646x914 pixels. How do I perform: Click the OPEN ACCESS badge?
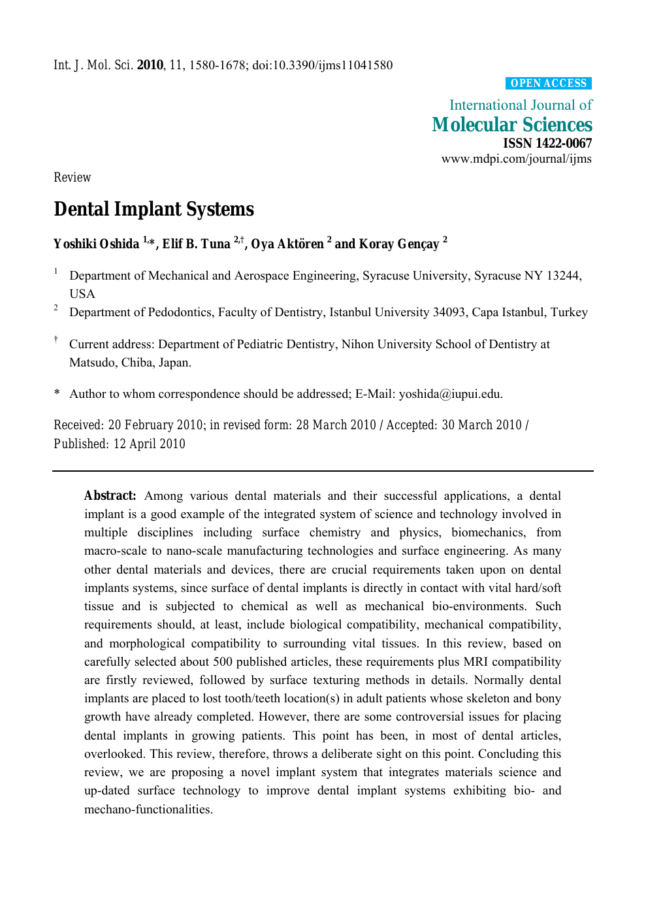(x=548, y=83)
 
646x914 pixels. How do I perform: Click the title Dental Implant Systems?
(x=153, y=209)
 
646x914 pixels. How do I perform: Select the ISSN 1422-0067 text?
(x=547, y=143)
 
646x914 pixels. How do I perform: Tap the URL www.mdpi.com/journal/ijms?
(x=516, y=159)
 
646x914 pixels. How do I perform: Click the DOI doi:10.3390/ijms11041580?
(x=322, y=65)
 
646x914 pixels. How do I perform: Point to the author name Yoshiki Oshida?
(x=96, y=244)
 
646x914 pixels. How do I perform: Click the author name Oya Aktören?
(x=287, y=244)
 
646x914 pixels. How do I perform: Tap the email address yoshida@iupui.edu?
(x=449, y=394)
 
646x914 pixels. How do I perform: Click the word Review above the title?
(x=72, y=178)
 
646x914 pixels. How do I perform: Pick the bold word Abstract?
(x=110, y=496)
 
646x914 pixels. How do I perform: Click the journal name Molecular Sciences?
(x=511, y=125)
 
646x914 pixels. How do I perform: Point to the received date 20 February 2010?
(x=155, y=425)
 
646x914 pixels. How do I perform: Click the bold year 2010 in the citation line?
(x=150, y=65)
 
